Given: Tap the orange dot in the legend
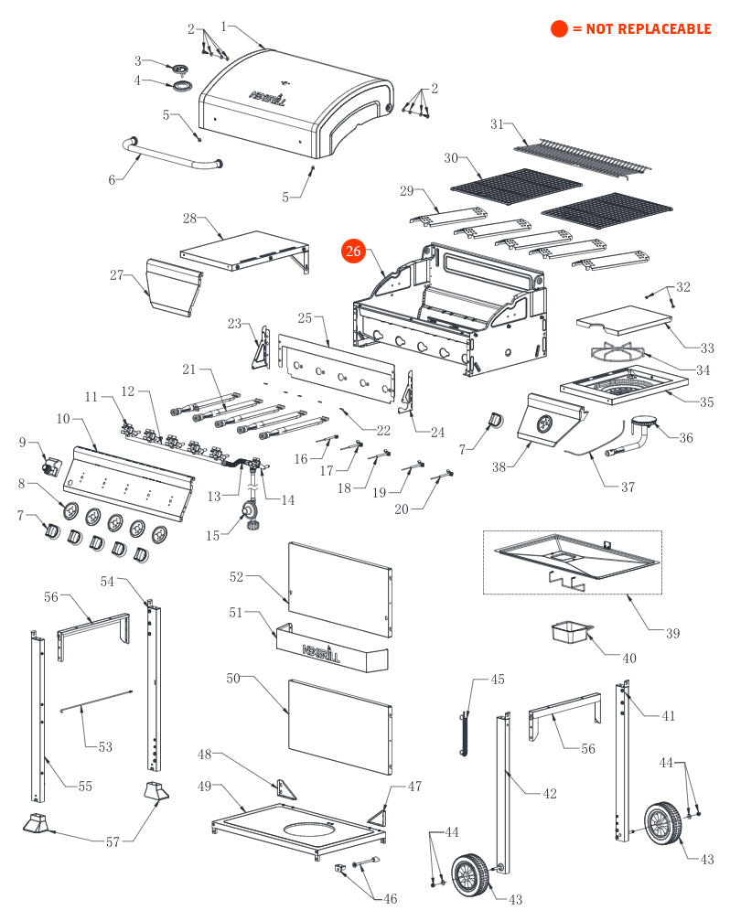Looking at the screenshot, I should [559, 29].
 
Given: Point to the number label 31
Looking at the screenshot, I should [498, 124].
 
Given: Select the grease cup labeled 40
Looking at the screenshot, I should [568, 633].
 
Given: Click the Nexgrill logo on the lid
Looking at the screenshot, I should [269, 95].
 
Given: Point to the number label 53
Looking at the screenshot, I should [105, 747].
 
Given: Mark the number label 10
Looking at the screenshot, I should [63, 419].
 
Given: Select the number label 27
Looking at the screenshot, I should [117, 274].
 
